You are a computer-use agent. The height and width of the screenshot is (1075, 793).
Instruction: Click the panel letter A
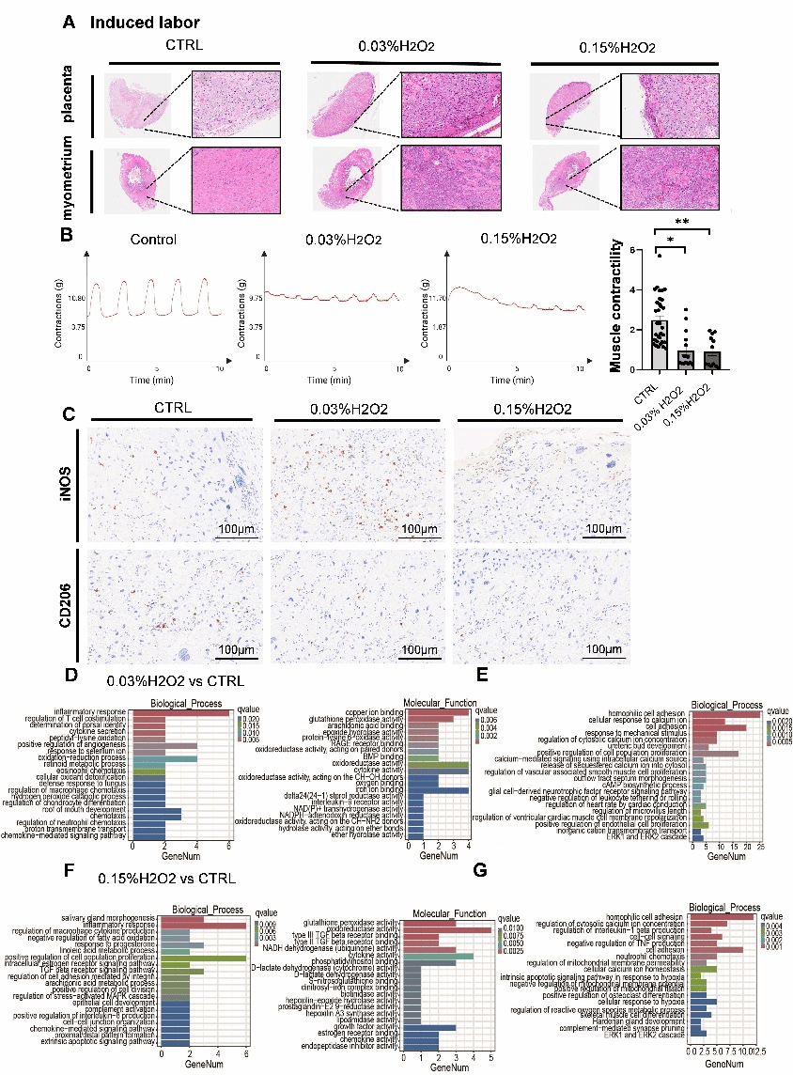(x=70, y=22)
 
